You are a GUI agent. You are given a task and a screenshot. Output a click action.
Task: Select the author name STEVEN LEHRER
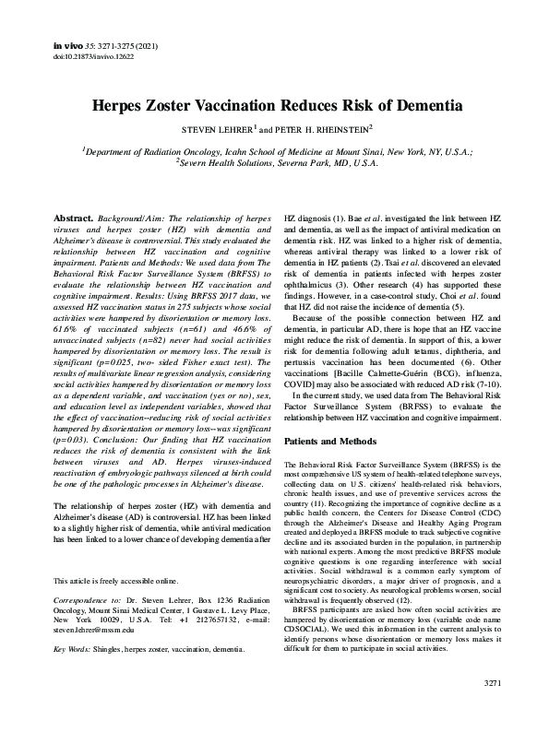(x=222, y=129)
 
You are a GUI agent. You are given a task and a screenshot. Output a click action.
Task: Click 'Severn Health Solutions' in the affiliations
(x=220, y=162)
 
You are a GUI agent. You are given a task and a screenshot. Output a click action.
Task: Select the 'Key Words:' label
(x=74, y=650)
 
